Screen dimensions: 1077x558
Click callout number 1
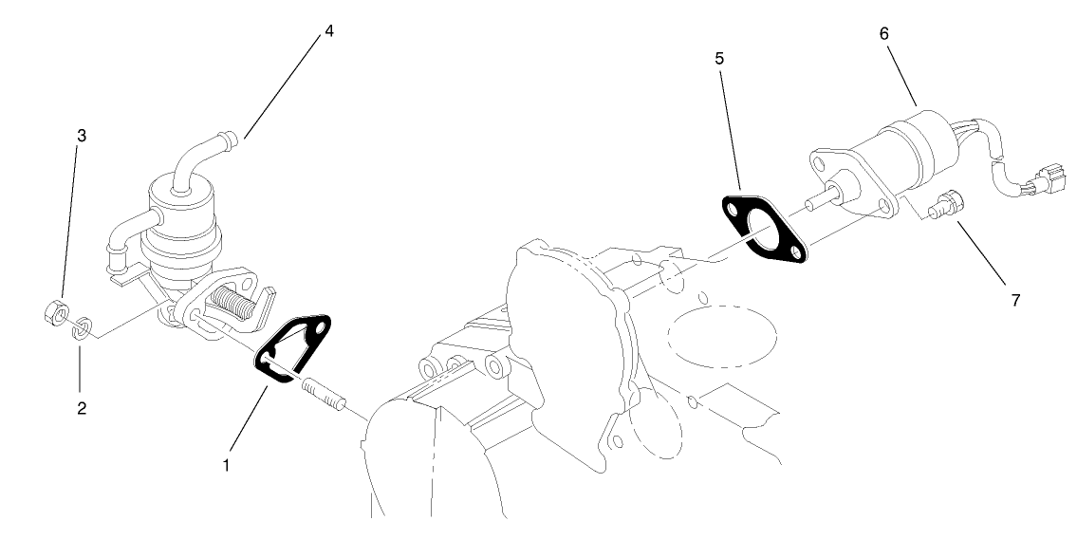click(226, 465)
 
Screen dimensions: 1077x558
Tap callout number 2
click(82, 408)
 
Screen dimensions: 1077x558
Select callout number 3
click(82, 136)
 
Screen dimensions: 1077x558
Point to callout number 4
click(329, 31)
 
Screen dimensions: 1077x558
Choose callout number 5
click(719, 59)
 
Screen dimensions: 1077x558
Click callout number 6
click(884, 33)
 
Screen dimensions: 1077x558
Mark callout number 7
click(1015, 300)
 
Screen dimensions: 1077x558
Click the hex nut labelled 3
click(53, 313)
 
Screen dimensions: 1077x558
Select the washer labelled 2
click(83, 327)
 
